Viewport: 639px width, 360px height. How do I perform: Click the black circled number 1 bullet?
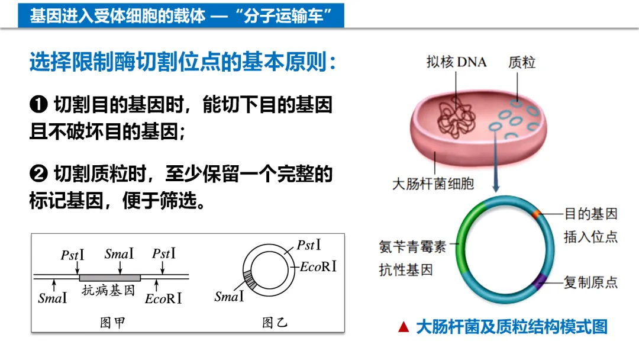point(38,105)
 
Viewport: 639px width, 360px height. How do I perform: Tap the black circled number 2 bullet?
point(38,174)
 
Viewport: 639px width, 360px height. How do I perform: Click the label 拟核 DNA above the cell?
point(456,62)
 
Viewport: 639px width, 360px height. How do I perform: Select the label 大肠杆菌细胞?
point(433,184)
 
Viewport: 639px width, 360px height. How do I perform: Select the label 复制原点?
point(590,282)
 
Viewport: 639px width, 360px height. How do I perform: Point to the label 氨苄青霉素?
point(413,247)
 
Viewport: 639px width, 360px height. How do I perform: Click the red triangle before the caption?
point(404,327)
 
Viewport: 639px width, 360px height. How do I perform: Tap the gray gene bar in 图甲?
point(110,277)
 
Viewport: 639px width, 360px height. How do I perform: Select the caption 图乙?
point(275,323)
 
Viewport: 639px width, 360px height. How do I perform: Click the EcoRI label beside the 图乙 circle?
point(318,266)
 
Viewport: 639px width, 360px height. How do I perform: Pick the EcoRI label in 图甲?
point(163,298)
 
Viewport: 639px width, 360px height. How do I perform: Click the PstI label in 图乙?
point(309,245)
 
